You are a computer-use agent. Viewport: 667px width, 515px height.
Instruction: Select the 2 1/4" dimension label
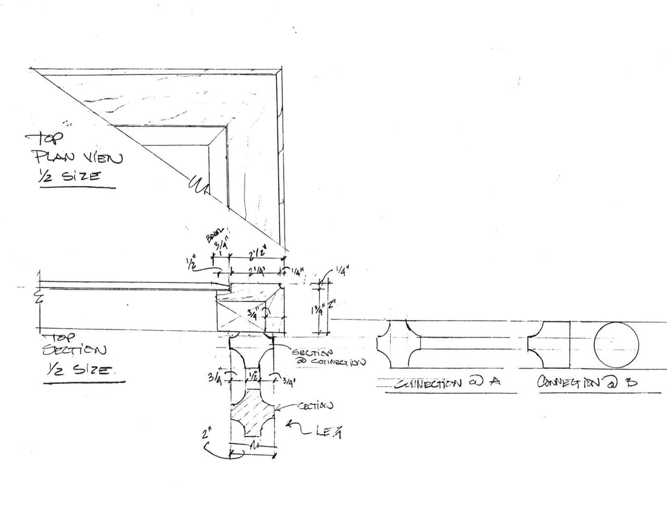tap(256, 273)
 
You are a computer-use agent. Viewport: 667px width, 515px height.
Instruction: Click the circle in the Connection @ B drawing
tap(616, 345)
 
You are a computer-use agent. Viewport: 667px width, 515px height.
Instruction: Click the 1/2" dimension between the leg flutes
tap(253, 376)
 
